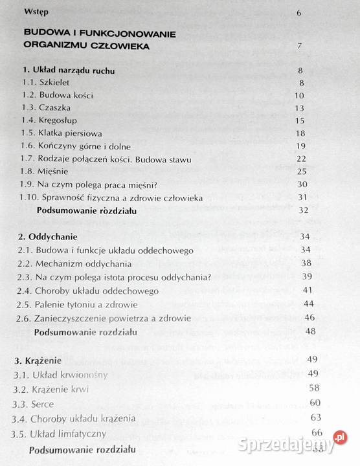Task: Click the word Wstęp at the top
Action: point(36,12)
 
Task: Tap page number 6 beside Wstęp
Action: point(298,12)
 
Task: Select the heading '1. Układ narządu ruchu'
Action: point(69,70)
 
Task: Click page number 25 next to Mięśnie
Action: point(300,171)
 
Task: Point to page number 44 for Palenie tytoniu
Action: point(308,304)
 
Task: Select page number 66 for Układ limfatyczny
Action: point(317,432)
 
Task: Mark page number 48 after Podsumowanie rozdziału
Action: point(310,331)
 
